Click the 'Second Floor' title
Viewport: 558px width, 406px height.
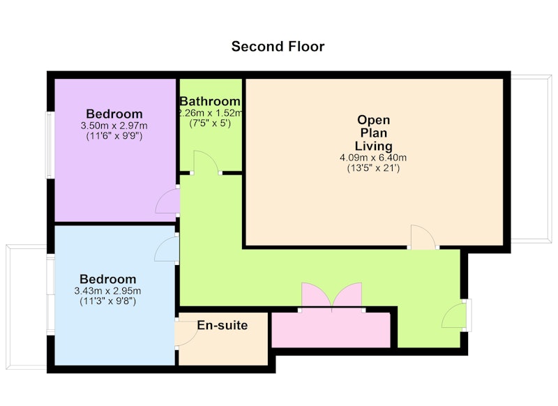pyautogui.click(x=278, y=47)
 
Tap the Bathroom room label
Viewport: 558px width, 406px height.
pyautogui.click(x=210, y=101)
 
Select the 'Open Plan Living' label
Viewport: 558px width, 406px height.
pyautogui.click(x=373, y=133)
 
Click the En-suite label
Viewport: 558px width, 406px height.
pyautogui.click(x=223, y=325)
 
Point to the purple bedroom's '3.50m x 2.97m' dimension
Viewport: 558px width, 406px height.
pyautogui.click(x=114, y=126)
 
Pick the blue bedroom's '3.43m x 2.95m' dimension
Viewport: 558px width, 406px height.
pyautogui.click(x=107, y=291)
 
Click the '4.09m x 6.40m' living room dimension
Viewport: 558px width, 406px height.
pyautogui.click(x=373, y=158)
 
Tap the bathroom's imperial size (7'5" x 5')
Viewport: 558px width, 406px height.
pyautogui.click(x=210, y=123)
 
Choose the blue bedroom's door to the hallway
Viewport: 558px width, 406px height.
pyautogui.click(x=167, y=250)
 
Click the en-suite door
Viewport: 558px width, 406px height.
pyautogui.click(x=187, y=333)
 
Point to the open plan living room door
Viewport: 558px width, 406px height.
pyautogui.click(x=423, y=236)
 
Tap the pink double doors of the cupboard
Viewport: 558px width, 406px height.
pyautogui.click(x=332, y=295)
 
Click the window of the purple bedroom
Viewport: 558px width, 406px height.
pyautogui.click(x=50, y=145)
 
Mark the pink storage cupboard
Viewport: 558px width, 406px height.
pyautogui.click(x=331, y=329)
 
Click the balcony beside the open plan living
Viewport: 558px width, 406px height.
pyautogui.click(x=531, y=159)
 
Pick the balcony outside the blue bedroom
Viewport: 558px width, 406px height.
pyautogui.click(x=27, y=307)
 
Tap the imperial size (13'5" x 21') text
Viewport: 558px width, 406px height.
pyautogui.click(x=373, y=168)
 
